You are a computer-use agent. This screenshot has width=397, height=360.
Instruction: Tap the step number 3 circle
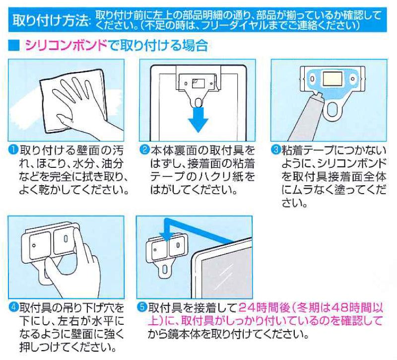click(x=276, y=150)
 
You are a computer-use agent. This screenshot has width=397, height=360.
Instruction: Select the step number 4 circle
click(x=13, y=307)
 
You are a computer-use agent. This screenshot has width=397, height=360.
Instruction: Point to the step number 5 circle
click(x=142, y=307)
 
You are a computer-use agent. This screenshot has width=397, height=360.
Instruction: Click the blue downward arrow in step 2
click(x=198, y=120)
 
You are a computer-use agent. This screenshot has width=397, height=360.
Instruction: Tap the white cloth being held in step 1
click(x=73, y=100)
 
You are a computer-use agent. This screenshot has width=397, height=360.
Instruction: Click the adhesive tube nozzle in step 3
click(x=317, y=96)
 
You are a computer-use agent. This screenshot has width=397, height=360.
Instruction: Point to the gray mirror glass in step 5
click(x=226, y=275)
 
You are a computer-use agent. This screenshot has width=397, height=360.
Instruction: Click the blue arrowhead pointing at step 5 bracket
click(x=166, y=237)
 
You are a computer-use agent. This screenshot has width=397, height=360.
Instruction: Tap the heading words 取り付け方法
click(x=51, y=20)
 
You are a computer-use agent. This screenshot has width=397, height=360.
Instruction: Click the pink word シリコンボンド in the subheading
click(x=66, y=46)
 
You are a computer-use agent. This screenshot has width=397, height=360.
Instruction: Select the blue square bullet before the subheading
click(x=14, y=46)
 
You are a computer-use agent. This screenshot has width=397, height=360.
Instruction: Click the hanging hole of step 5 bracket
click(x=165, y=270)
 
